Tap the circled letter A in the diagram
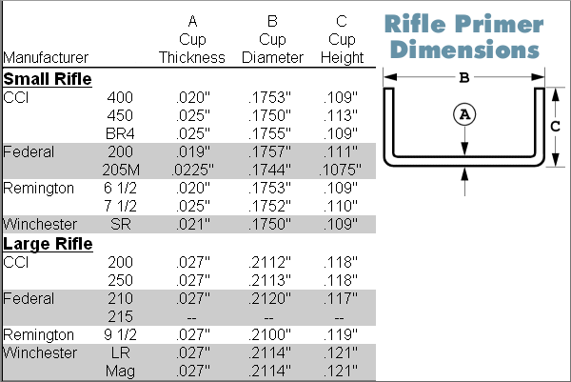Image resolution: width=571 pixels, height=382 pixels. tap(464, 113)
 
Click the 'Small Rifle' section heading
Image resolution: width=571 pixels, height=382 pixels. tap(48, 78)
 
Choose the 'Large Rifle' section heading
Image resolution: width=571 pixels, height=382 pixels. tap(48, 244)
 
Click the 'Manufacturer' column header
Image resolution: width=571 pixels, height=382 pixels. tap(48, 57)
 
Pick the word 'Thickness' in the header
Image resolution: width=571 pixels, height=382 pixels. tap(192, 57)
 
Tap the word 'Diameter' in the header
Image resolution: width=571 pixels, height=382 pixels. tap(272, 57)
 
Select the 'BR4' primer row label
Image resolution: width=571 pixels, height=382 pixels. tap(121, 132)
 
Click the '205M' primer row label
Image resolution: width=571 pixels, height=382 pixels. tap(121, 169)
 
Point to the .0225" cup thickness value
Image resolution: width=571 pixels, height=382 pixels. tap(192, 169)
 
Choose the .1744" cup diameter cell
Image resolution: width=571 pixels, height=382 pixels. tap(272, 169)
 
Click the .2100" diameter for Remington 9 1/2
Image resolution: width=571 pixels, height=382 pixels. tap(272, 334)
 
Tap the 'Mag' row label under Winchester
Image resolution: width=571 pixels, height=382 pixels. tap(121, 371)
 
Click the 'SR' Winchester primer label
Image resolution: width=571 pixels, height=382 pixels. tap(121, 224)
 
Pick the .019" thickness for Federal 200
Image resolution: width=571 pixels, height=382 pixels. tap(192, 151)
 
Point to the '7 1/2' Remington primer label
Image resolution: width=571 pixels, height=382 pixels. tap(121, 206)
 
